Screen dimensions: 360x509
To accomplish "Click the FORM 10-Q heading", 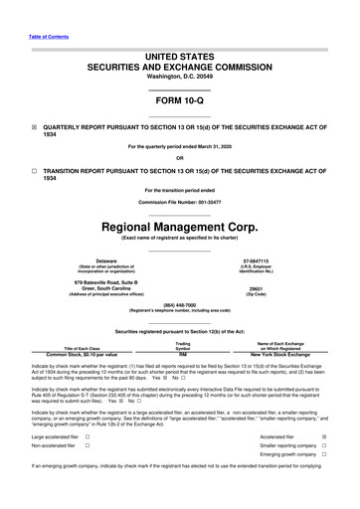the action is pos(179,102).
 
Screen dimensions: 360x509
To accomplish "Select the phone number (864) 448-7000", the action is pos(179,304).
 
